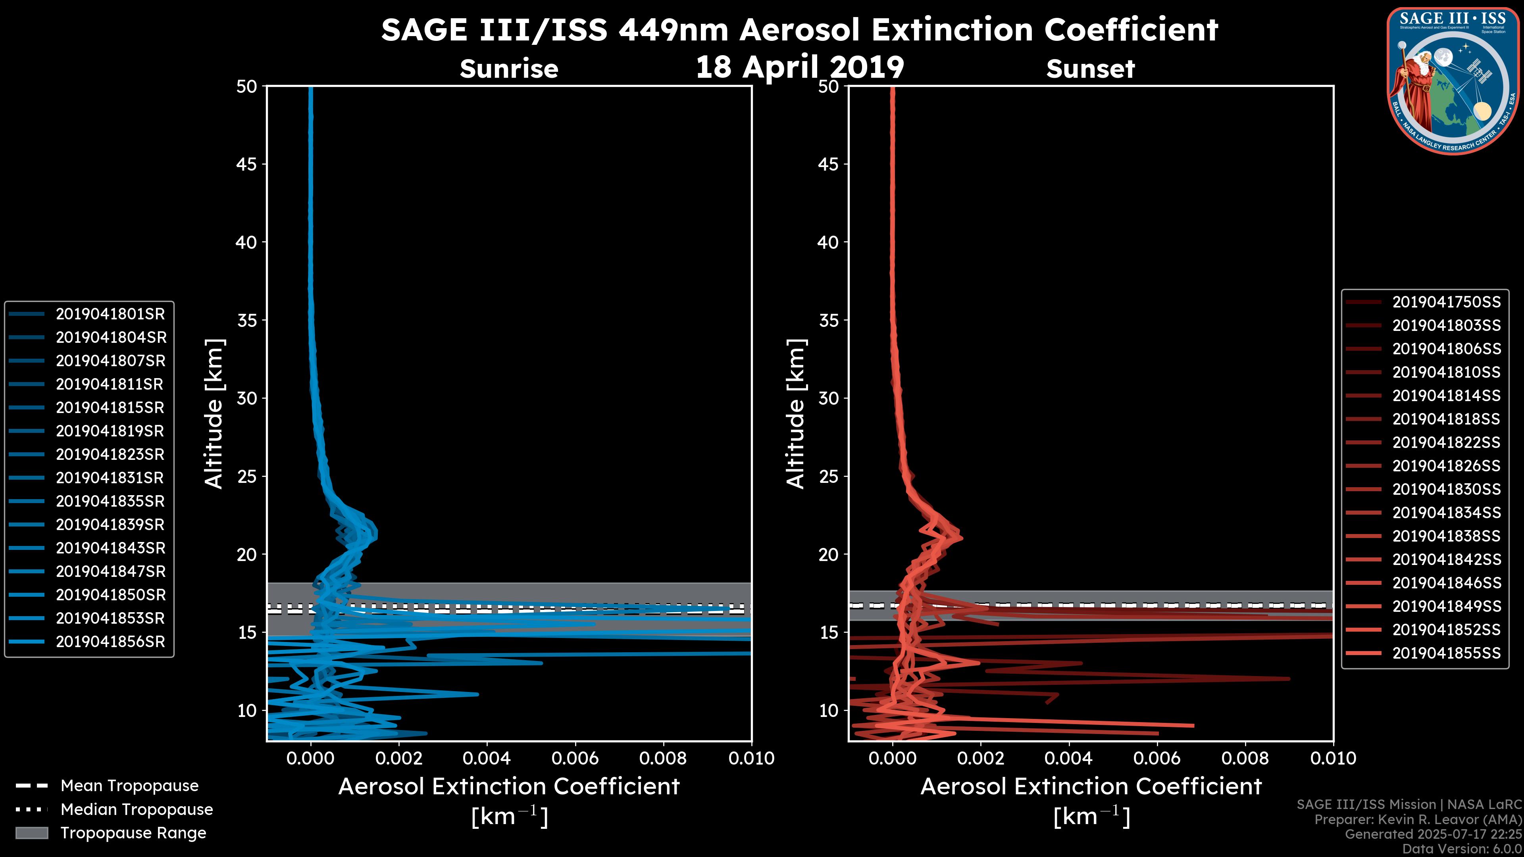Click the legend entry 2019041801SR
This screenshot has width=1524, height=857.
(110, 314)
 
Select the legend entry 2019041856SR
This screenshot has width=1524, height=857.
(110, 642)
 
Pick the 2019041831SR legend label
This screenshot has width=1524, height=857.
(110, 478)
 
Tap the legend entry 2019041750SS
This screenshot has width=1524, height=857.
(1446, 302)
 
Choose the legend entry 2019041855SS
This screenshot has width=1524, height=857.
(1446, 653)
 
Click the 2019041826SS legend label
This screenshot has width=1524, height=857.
(1446, 466)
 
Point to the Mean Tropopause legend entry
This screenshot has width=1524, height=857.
(129, 786)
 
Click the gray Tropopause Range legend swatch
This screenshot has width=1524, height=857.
(31, 833)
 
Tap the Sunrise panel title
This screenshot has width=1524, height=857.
(509, 69)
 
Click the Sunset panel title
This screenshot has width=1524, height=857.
(1090, 69)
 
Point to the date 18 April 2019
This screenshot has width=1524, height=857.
(800, 67)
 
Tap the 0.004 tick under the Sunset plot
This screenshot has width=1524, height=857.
(1068, 758)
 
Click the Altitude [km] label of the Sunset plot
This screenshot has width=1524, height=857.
(796, 414)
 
